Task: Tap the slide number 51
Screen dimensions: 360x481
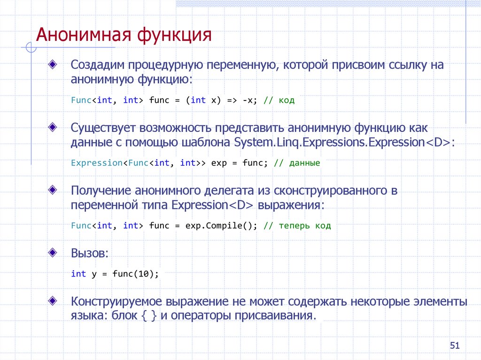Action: click(454, 346)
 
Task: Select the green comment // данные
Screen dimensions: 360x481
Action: click(297, 163)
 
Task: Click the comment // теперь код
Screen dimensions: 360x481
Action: click(297, 226)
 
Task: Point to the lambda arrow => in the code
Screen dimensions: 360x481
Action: click(232, 100)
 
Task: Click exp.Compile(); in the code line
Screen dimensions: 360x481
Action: click(221, 226)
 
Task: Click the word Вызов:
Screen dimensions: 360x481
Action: click(90, 253)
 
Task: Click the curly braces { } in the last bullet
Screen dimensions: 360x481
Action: click(149, 315)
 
